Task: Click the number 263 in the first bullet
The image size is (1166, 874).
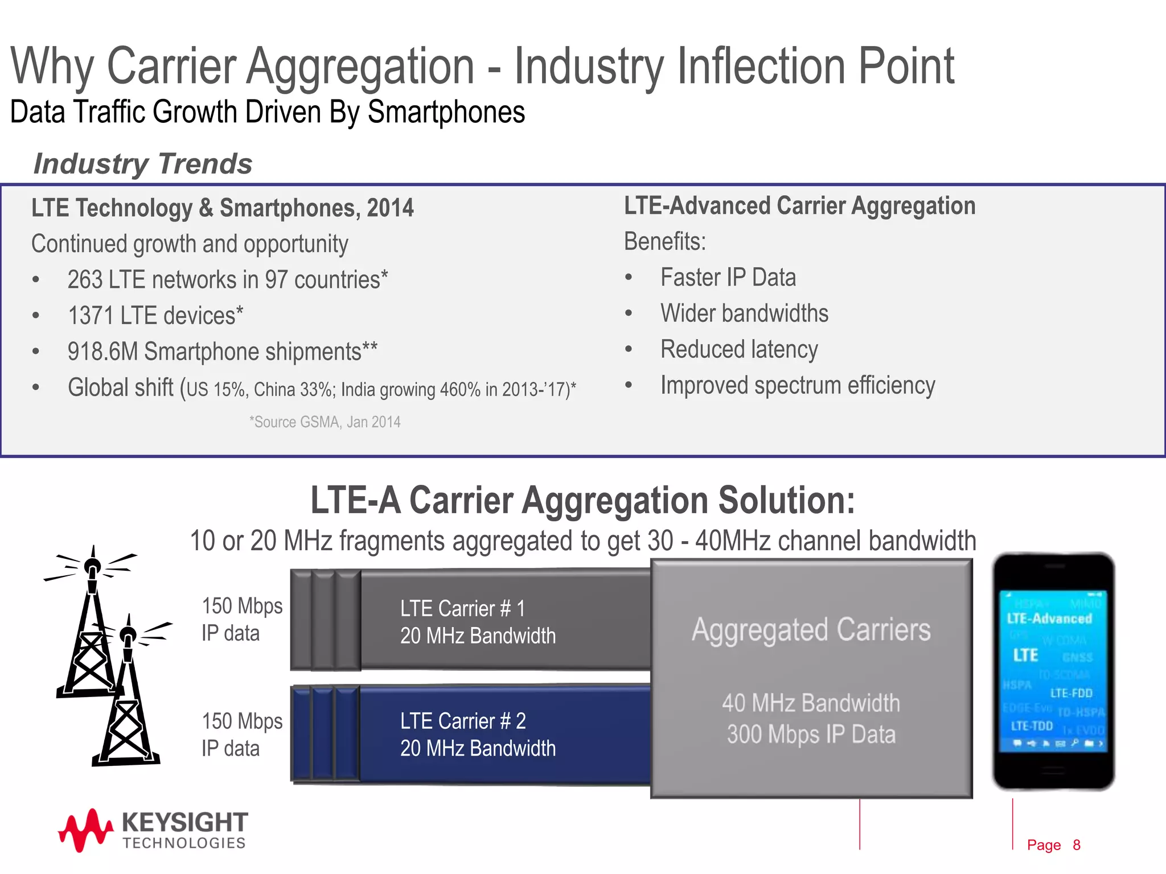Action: [x=85, y=280]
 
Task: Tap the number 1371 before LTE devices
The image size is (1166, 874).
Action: [x=91, y=316]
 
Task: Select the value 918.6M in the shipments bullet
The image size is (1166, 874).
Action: [x=102, y=352]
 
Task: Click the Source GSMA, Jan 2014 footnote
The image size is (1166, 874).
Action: [x=325, y=422]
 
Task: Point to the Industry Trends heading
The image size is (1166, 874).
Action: [x=142, y=164]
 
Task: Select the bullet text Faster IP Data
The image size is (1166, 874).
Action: [x=728, y=278]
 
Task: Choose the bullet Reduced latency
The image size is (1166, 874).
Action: [x=738, y=349]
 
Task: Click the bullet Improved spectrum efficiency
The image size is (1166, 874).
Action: [x=797, y=386]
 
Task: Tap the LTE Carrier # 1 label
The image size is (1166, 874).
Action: [x=462, y=609]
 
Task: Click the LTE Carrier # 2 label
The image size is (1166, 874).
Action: [x=462, y=722]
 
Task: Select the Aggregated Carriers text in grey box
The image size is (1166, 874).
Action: [x=811, y=630]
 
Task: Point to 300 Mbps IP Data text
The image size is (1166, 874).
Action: [x=811, y=734]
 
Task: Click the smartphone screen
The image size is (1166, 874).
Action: [x=1053, y=671]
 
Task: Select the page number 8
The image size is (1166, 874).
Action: [x=1076, y=845]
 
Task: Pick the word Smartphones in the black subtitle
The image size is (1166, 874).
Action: [x=446, y=112]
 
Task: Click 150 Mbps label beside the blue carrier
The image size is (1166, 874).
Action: [x=242, y=722]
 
